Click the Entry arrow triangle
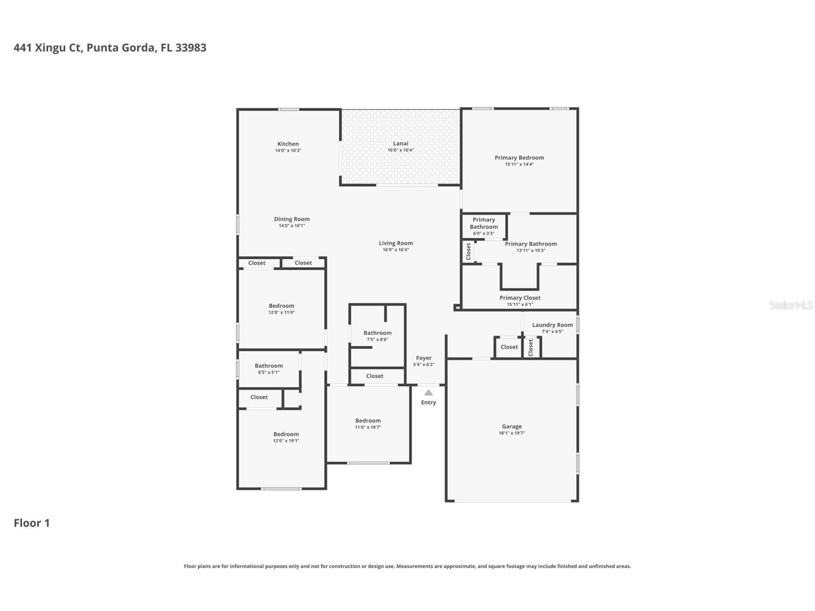point(428,393)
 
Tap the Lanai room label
point(401,143)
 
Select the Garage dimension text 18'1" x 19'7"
point(511,433)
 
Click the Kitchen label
point(288,144)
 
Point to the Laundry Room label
point(552,325)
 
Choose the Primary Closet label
point(520,298)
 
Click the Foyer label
point(424,358)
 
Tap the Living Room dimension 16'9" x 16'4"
point(396,250)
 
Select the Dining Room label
point(292,219)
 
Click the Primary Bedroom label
point(519,158)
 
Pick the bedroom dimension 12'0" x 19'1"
point(286,441)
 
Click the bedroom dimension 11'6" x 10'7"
point(368,428)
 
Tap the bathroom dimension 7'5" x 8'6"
point(377,340)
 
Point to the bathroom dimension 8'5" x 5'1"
point(268,372)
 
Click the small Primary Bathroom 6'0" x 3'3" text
point(484,233)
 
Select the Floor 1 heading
point(32,523)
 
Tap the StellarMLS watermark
point(791,305)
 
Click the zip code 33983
point(191,48)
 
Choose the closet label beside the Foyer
point(375,376)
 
